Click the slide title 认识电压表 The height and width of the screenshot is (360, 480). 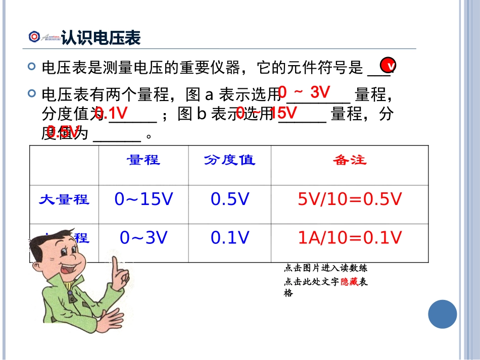[x=101, y=38]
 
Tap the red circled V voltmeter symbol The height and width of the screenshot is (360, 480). [x=389, y=66]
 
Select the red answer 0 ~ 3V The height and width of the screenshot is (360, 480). [x=304, y=92]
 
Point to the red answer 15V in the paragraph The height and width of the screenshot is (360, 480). [x=284, y=113]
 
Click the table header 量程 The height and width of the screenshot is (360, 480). [x=143, y=161]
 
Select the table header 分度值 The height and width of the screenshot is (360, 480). [x=230, y=161]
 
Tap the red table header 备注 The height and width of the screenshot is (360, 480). [x=349, y=161]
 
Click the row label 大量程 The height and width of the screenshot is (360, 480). [x=64, y=199]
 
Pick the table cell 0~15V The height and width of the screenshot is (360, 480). [x=143, y=200]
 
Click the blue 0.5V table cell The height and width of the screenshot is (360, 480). [x=230, y=200]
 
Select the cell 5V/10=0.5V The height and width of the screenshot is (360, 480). [x=350, y=200]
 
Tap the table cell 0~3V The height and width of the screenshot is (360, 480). [x=143, y=238]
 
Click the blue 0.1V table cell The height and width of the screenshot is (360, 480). [x=230, y=238]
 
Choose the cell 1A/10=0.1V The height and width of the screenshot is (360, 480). [x=350, y=238]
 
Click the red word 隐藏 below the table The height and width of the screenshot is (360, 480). [x=349, y=282]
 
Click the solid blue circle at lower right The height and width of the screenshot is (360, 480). [x=442, y=314]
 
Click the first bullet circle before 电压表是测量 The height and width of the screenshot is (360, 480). [x=33, y=66]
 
